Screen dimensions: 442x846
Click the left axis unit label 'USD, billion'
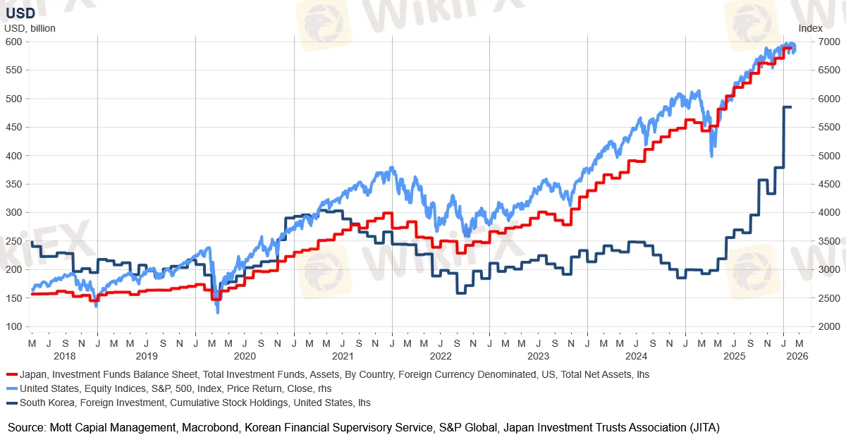30,28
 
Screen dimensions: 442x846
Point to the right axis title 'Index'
810,28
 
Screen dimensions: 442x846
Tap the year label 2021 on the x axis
343,357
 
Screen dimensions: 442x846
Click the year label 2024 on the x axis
636,357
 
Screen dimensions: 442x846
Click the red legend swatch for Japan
11,375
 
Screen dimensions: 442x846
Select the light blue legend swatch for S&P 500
11,388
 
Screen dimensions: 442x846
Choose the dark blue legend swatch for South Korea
11,403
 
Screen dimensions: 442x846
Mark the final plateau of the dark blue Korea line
787,107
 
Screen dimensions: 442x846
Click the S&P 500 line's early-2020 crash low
217,311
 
